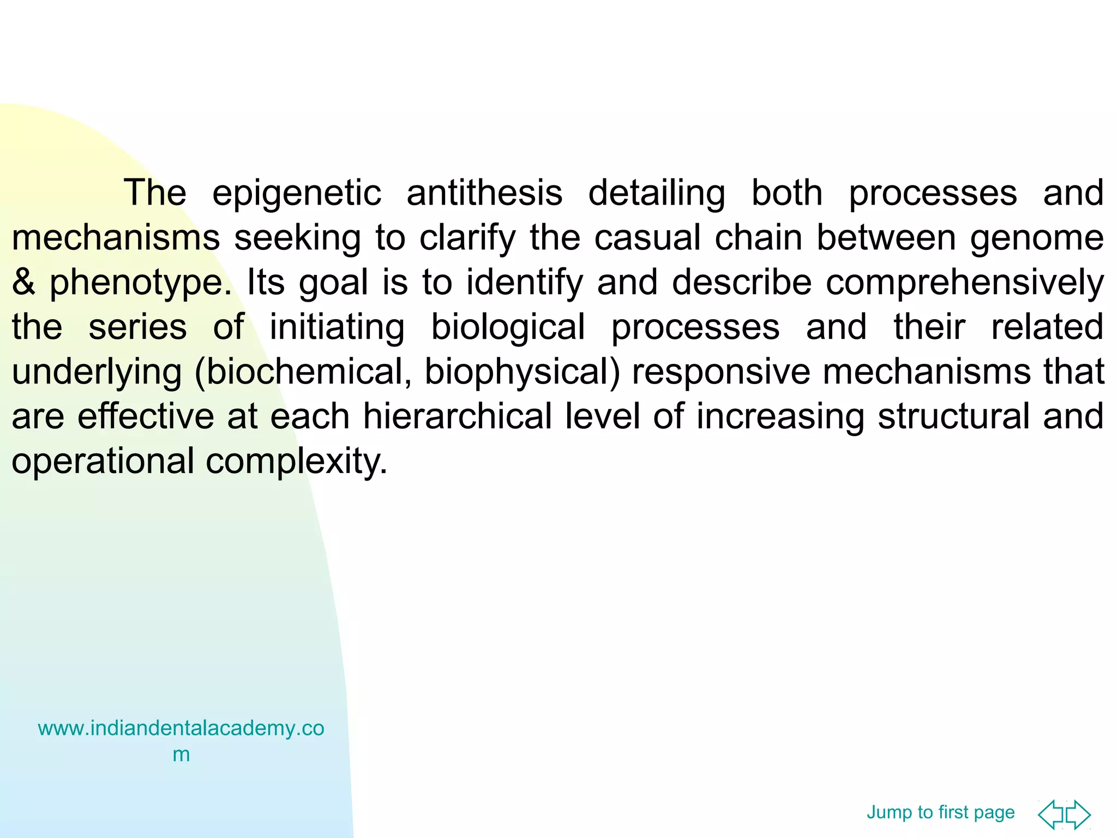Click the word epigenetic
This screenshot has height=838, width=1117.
coord(296,194)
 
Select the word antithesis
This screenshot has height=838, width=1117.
coord(484,194)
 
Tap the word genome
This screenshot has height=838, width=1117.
coord(1037,238)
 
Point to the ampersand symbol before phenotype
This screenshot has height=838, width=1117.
coord(23,283)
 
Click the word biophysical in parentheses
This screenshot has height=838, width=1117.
coord(522,373)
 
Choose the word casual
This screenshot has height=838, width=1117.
coord(647,238)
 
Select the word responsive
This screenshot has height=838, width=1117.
coord(721,373)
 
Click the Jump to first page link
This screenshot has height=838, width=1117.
coord(940,812)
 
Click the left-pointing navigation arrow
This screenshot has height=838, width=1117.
coord(1051,815)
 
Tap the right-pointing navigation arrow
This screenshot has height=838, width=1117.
coord(1078,815)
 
